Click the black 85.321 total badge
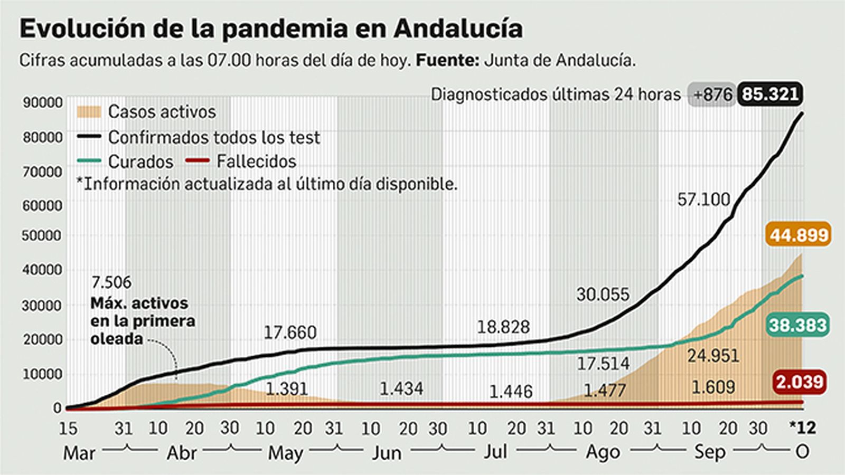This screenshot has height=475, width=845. pos(770,94)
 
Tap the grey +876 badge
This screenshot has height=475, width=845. pos(712,95)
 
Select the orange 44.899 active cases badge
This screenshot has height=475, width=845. pos(799,234)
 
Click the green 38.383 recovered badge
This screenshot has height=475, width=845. pos(797,325)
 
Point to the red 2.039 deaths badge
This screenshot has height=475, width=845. pos(799,382)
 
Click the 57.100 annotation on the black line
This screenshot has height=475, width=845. pos(703,199)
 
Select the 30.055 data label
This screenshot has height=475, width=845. pos(603,294)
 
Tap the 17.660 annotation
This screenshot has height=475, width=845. pos(290,332)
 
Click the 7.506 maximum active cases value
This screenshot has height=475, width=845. pos(111,282)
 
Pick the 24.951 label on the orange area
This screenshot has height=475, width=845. pos(713,356)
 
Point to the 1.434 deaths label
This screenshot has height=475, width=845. pos(401,389)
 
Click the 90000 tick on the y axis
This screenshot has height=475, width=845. pos(42,102)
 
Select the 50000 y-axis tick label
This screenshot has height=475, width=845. pos(42,235)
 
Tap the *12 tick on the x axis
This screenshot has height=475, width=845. pos(802,427)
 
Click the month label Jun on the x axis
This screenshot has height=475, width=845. pos(387,453)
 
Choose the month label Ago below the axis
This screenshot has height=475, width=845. pos(603,453)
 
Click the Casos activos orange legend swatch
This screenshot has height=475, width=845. pos(89,112)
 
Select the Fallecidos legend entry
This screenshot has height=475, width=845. pos(256,161)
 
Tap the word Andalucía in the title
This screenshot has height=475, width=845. pos(458,28)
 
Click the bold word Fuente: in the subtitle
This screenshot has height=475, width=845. pos(447,60)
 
